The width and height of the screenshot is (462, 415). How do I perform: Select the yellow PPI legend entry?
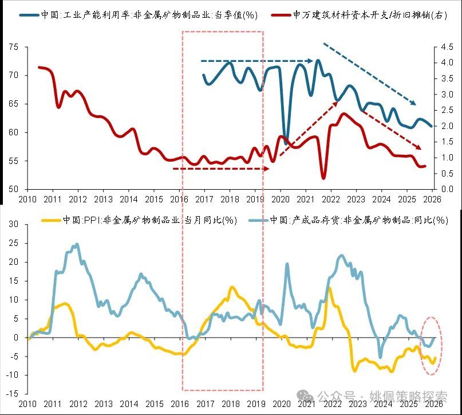137,220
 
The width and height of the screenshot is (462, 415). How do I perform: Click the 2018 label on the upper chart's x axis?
230,199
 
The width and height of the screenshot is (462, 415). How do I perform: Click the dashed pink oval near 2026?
431,346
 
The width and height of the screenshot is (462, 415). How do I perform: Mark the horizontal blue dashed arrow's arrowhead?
311,60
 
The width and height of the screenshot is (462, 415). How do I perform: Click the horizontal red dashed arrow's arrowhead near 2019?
266,169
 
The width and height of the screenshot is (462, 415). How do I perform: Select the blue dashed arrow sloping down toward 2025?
369,73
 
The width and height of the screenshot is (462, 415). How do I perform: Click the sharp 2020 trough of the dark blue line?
286,141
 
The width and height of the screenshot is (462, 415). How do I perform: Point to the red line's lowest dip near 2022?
324,177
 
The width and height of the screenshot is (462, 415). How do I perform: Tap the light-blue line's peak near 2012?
77,244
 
